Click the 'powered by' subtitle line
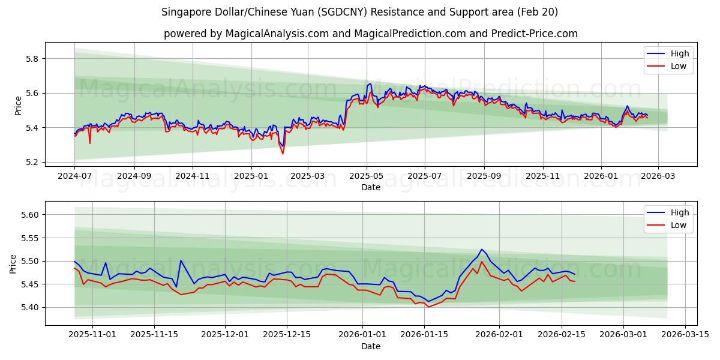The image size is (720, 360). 370,34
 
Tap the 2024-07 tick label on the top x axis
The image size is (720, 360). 74,176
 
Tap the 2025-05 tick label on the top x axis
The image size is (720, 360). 366,176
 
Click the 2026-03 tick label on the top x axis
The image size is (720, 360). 658,176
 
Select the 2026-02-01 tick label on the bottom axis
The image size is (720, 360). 500,335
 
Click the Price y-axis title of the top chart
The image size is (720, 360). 18,105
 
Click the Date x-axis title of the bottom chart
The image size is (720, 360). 370,346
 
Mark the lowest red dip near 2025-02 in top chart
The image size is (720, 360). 283,154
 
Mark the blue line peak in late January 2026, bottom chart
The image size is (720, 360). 481,249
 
